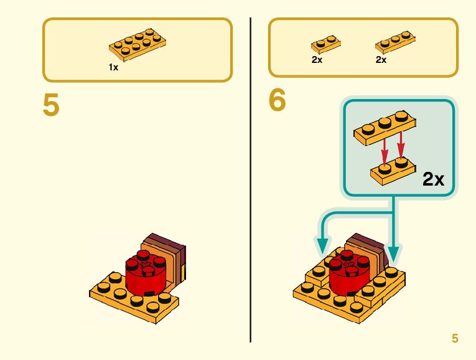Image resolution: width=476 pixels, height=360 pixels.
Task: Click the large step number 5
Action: [52, 105]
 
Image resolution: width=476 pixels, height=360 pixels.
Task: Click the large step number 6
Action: [278, 101]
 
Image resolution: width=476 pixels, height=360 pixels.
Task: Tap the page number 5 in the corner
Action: [455, 338]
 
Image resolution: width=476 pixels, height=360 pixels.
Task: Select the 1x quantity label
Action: [113, 67]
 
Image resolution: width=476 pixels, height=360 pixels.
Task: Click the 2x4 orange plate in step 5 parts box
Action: [138, 45]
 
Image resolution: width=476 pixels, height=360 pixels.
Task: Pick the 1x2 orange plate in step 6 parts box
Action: [326, 44]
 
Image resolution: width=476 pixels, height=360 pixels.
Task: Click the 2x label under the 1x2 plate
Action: [317, 60]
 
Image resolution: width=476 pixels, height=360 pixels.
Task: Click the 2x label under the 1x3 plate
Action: [381, 60]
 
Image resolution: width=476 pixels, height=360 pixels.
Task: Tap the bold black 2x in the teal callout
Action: [433, 179]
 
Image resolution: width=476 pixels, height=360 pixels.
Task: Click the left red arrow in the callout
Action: [385, 148]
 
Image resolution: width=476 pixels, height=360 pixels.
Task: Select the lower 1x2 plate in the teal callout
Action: [392, 171]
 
